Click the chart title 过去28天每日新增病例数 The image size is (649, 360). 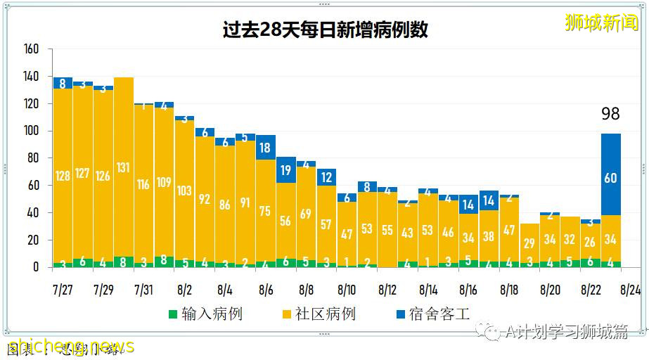coord(324,30)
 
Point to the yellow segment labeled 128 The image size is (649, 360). coord(63,176)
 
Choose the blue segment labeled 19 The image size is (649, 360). coord(285,169)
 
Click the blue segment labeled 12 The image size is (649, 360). coord(326,177)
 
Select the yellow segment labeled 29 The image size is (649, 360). coord(529,243)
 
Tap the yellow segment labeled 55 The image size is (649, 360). coord(387,229)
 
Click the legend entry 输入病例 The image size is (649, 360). coord(205,314)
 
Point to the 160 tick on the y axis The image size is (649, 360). coord(31,50)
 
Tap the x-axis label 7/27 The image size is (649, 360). coord(63,290)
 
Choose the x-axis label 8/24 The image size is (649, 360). coord(631,290)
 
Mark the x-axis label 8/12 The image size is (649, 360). coord(387,290)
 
